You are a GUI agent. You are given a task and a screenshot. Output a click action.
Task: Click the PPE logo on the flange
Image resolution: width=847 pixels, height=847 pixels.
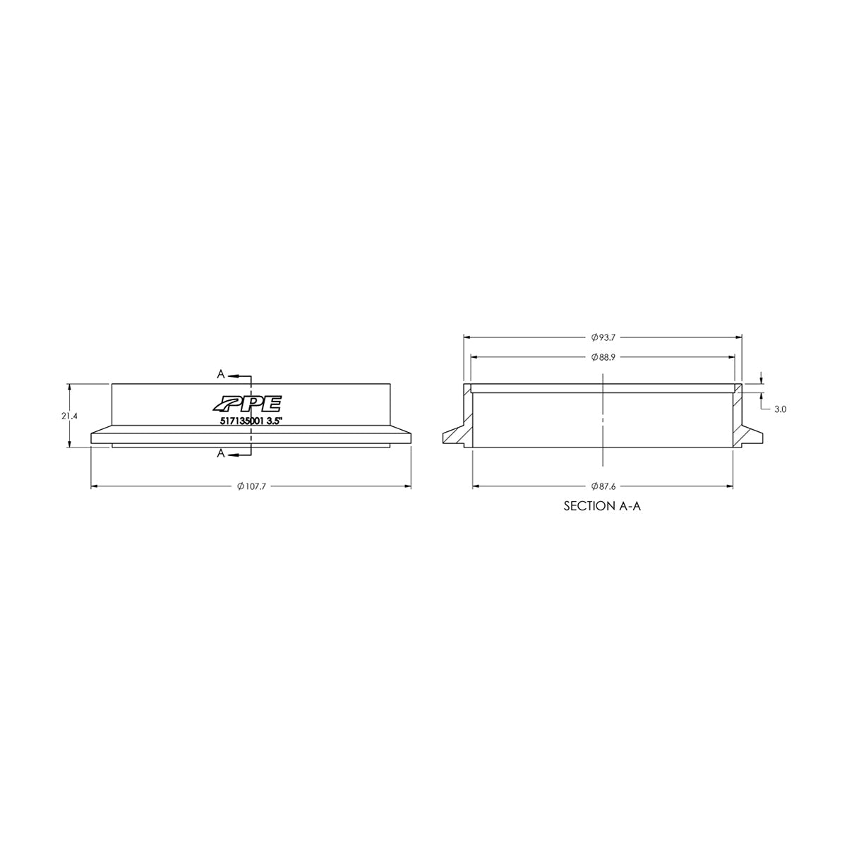[x=247, y=403]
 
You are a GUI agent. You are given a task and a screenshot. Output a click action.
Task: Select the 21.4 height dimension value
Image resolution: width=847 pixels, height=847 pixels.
[x=69, y=416]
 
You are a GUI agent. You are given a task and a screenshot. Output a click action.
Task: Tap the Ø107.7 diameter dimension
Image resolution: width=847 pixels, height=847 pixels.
[x=252, y=486]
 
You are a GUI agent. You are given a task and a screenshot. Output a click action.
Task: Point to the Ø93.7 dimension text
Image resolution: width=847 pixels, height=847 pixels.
[x=603, y=337]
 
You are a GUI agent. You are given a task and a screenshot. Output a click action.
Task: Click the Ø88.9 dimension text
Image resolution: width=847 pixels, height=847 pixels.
[x=603, y=358]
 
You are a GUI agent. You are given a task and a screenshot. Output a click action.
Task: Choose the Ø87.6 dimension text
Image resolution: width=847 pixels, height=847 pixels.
[x=603, y=486]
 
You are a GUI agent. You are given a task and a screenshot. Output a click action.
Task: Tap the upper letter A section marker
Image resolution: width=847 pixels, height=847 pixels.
[x=221, y=373]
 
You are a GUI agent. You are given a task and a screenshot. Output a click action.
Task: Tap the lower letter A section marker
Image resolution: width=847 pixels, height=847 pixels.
[x=221, y=454]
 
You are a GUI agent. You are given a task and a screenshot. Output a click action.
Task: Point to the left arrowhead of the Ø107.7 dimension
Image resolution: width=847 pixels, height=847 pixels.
[x=95, y=486]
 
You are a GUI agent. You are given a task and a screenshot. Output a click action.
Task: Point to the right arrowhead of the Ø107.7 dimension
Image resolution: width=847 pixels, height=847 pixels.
[x=408, y=486]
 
